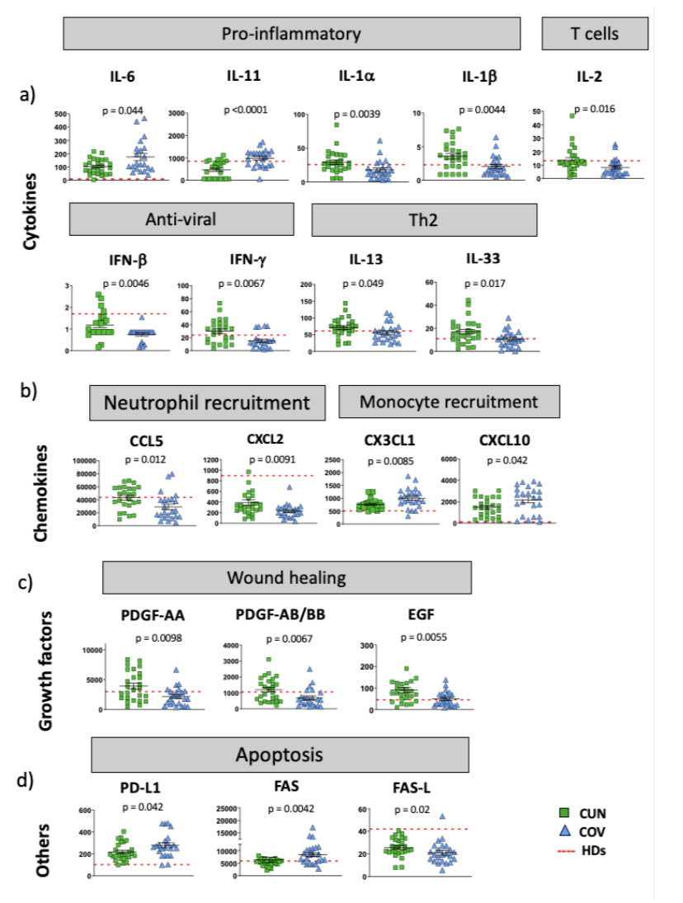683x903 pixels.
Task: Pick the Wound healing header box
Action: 286,576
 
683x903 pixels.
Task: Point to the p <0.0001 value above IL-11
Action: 246,109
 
